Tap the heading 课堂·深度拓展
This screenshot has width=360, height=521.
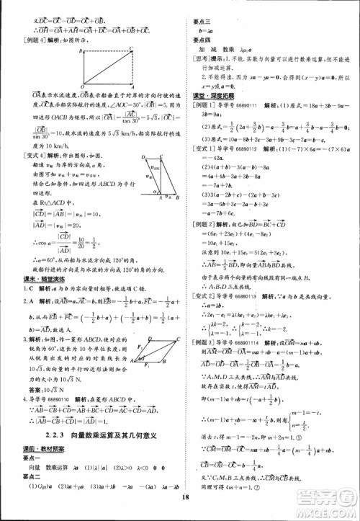pyautogui.click(x=208, y=95)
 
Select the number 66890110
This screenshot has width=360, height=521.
pyautogui.click(x=60, y=377)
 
